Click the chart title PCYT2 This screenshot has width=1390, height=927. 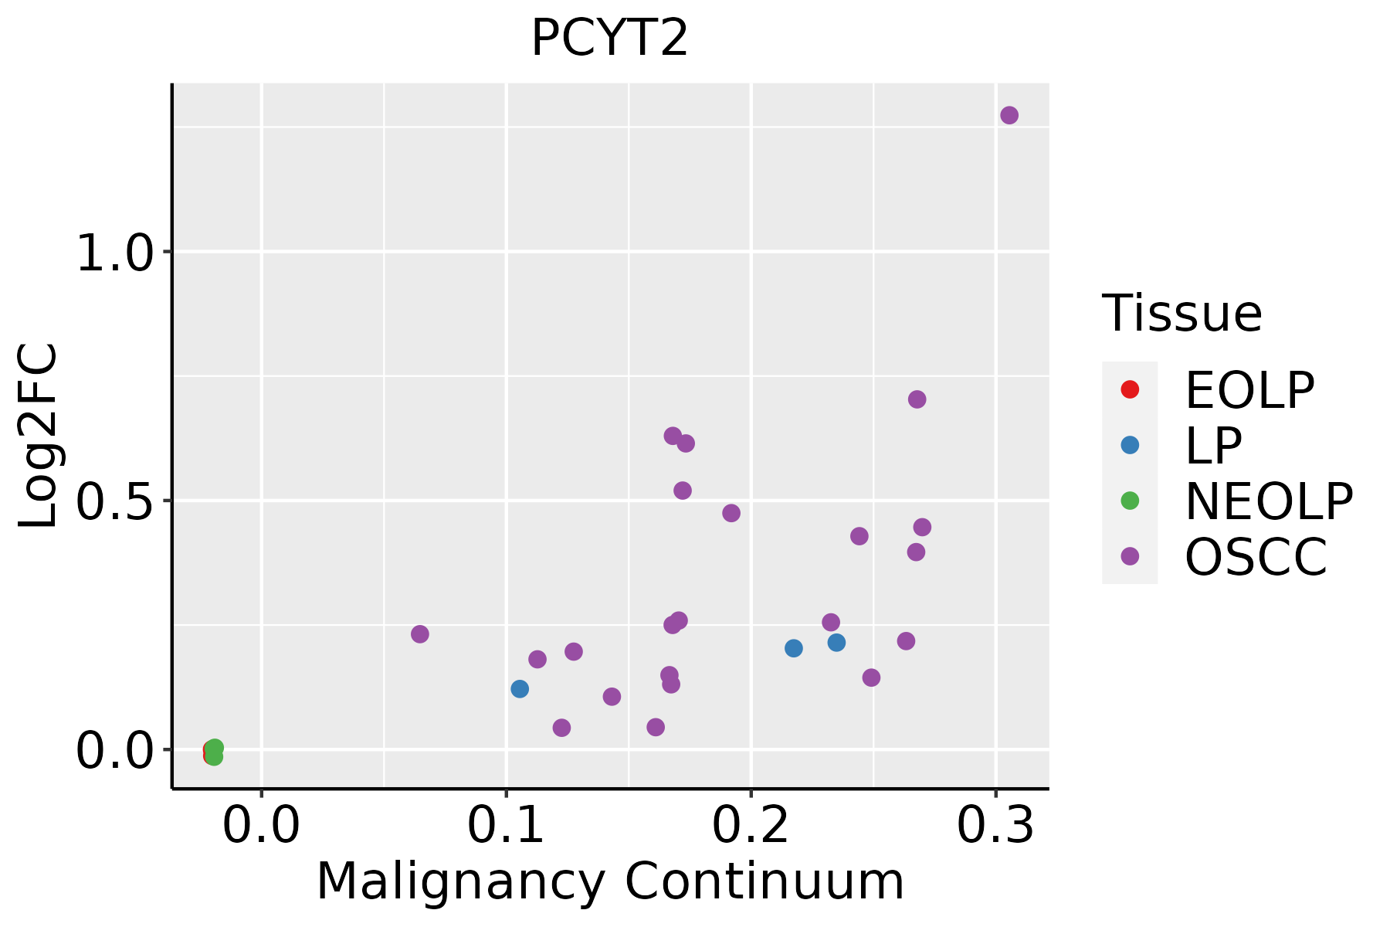[x=609, y=39]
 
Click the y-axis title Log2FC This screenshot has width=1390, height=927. [x=39, y=436]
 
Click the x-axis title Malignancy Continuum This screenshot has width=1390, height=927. [x=610, y=881]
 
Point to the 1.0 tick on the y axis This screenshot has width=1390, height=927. [x=115, y=253]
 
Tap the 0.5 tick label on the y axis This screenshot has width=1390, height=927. [x=115, y=501]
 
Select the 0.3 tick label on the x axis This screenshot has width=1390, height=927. [x=995, y=826]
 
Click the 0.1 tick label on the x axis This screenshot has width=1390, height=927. [x=506, y=826]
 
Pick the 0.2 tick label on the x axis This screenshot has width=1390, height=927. [x=751, y=826]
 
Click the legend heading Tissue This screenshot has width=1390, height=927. [x=1181, y=314]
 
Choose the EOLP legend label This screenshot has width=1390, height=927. [x=1249, y=390]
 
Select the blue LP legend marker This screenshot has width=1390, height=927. [x=1130, y=445]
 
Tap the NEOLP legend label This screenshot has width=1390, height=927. [x=1268, y=501]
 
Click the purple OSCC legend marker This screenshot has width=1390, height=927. [x=1130, y=556]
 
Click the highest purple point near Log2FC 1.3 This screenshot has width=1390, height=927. [x=1009, y=115]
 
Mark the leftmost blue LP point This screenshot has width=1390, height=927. [x=520, y=688]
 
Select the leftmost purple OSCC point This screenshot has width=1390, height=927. [x=420, y=634]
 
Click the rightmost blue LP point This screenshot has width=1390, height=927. [x=836, y=643]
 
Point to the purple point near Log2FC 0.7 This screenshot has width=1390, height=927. [x=917, y=399]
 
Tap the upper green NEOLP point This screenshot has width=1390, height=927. [x=215, y=747]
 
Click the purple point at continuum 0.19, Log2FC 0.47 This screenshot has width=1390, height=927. [x=731, y=513]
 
